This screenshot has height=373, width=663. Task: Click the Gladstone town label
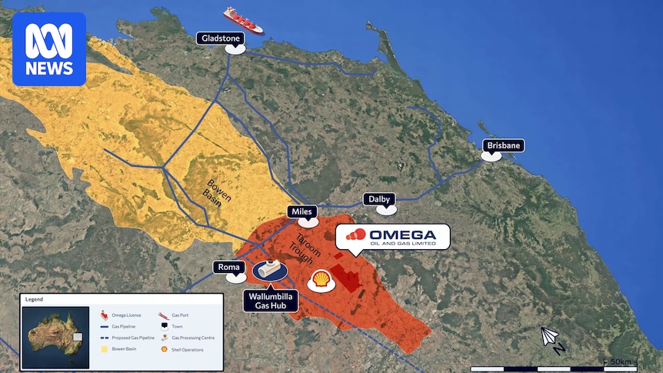pos(221,38)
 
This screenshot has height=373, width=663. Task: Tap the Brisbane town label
pos(503,145)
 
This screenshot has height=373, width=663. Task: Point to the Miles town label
pos(302,211)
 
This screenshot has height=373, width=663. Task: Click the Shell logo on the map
pos(321,281)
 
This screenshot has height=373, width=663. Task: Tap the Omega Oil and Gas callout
pos(392,237)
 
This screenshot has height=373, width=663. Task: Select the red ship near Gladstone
pos(242,20)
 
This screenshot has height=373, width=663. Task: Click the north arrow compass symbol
pos(550,338)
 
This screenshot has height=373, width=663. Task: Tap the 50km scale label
pos(620,361)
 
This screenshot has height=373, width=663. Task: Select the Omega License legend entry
pos(122,315)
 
